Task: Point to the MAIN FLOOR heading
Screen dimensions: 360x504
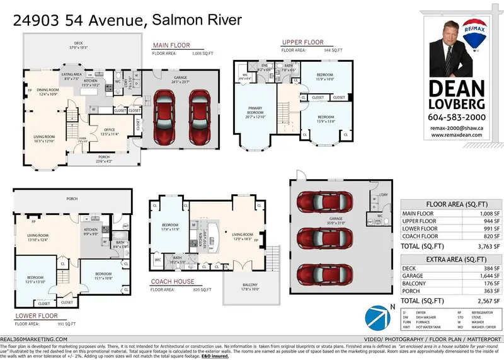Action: click(170, 45)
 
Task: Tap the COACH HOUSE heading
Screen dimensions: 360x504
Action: click(172, 282)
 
